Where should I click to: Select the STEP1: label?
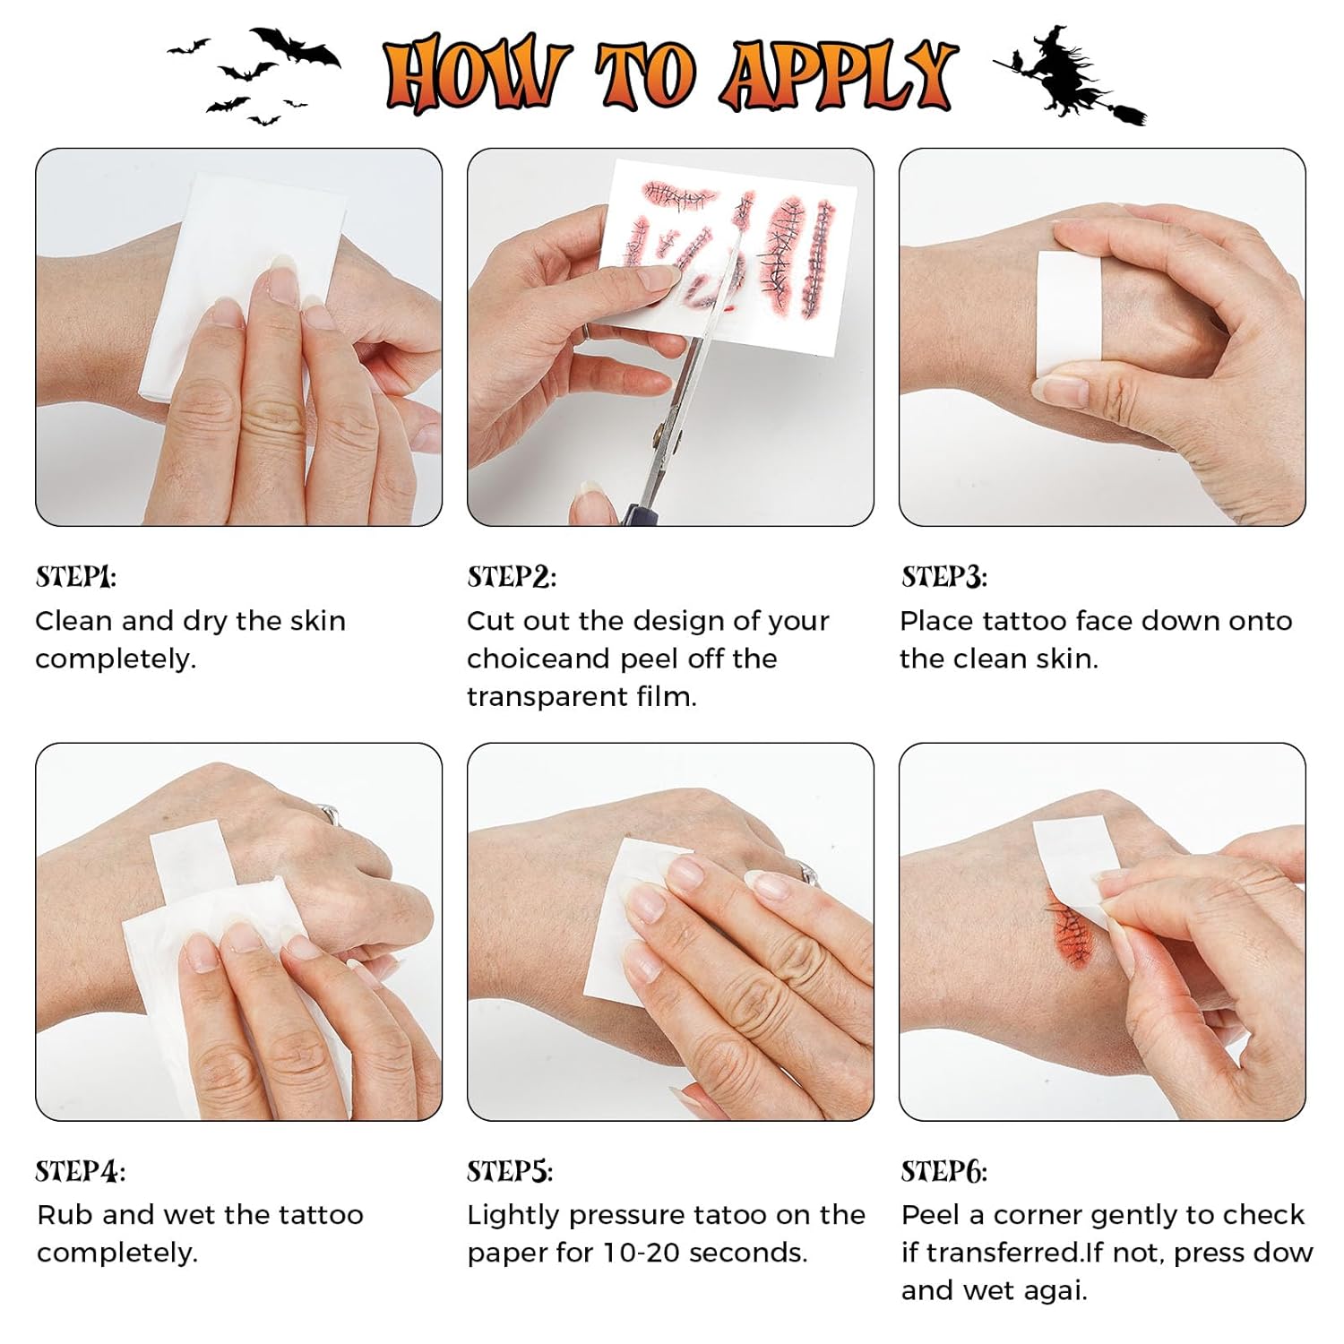tap(76, 577)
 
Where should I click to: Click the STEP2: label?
tap(512, 577)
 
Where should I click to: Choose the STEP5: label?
tap(510, 1171)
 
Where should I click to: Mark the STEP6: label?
tap(944, 1171)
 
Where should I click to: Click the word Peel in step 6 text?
tap(931, 1215)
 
